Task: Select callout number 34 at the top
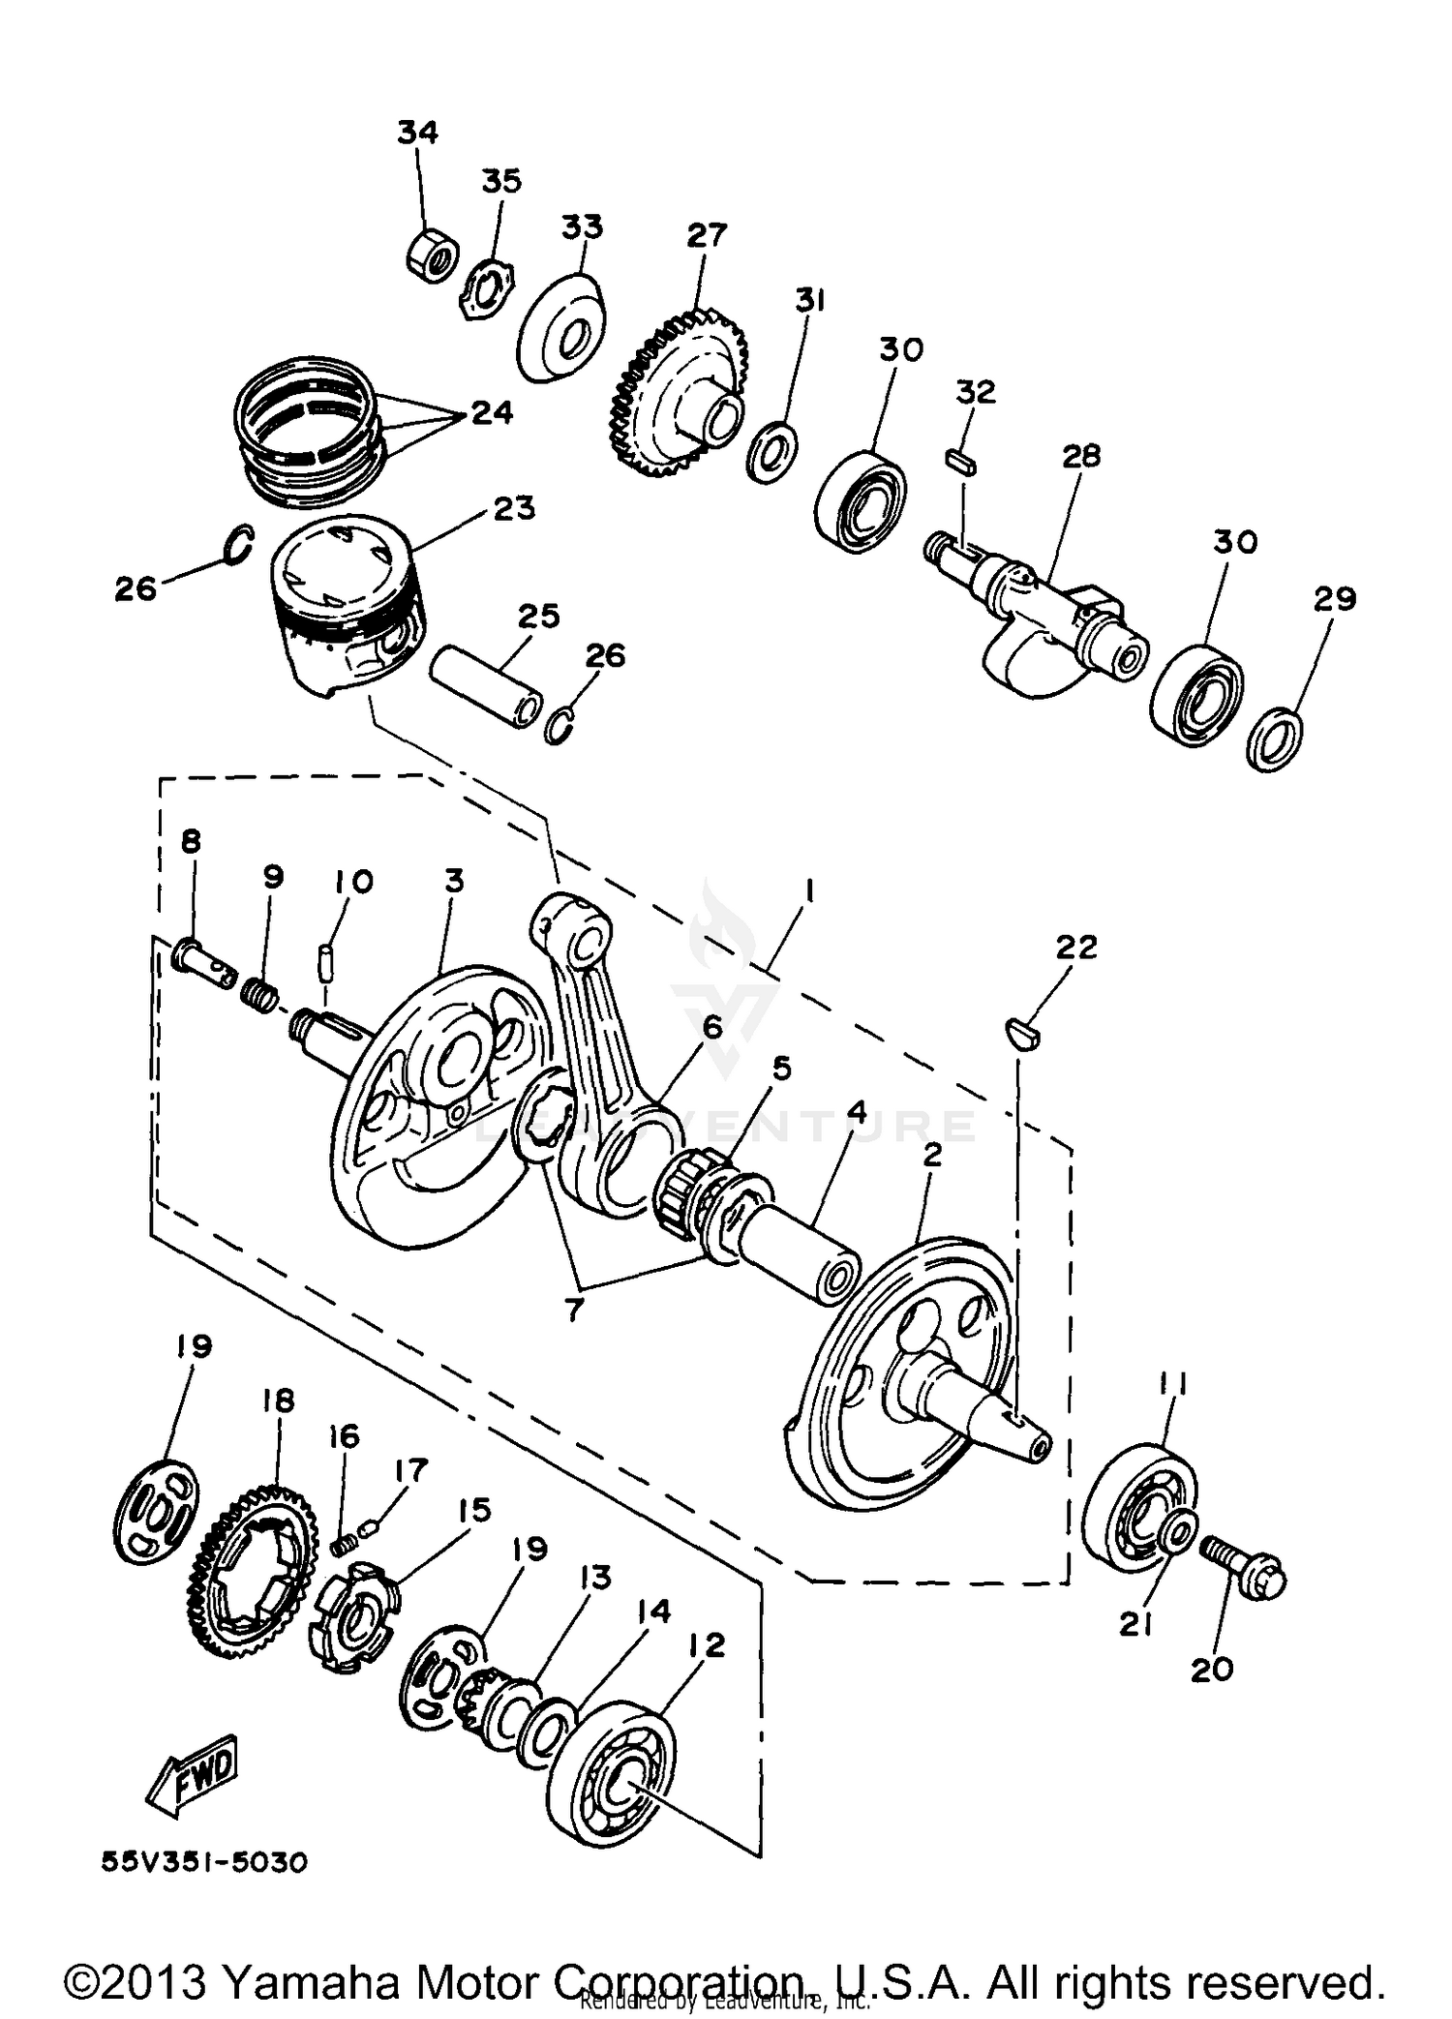pos(417,133)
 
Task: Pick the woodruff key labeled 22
pos(1020,1032)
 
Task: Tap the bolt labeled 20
pos(1244,1568)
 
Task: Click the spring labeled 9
pos(259,991)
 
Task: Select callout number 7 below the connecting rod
pos(573,1311)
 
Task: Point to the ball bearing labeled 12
pos(612,1777)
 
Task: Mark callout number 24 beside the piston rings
pos(491,413)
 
